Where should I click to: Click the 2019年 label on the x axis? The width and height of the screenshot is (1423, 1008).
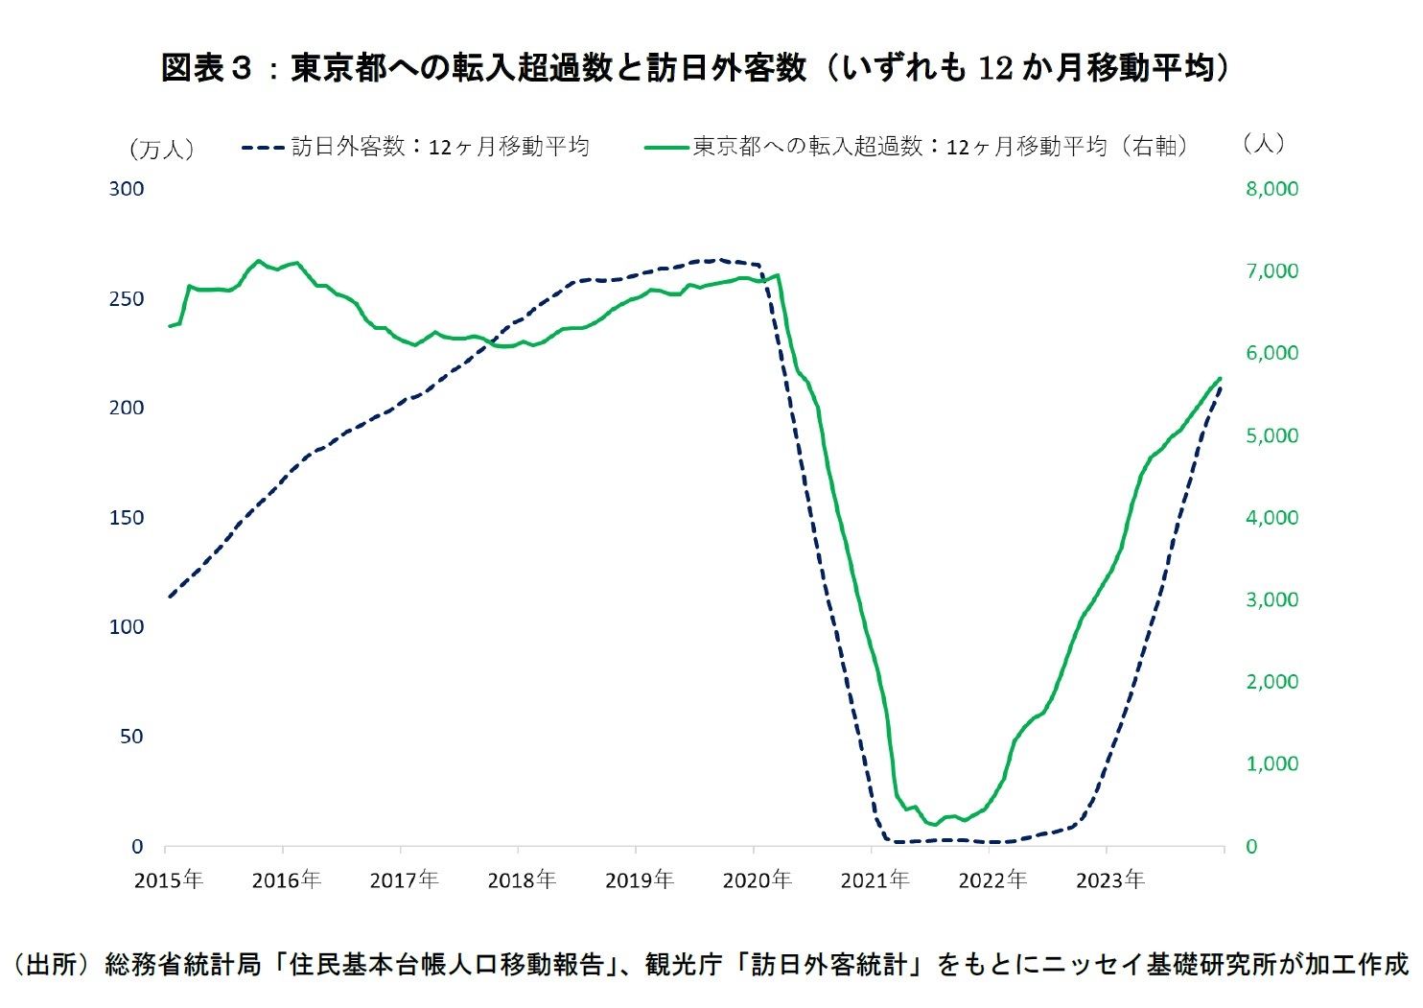[x=639, y=879]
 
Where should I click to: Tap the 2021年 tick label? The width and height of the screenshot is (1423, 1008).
[x=875, y=879]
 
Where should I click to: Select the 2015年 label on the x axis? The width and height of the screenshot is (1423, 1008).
[x=168, y=879]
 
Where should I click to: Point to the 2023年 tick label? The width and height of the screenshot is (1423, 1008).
[x=1109, y=879]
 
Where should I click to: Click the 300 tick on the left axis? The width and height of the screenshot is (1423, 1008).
[x=127, y=189]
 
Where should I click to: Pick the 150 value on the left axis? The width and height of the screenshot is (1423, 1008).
[x=127, y=518]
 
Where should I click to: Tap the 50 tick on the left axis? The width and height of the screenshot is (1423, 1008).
[x=131, y=737]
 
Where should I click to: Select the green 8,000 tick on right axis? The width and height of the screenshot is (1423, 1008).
[x=1271, y=189]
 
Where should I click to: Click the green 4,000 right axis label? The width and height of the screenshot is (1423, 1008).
[x=1271, y=518]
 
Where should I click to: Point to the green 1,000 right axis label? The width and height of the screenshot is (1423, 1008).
[x=1271, y=764]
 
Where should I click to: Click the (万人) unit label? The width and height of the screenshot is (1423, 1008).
[x=161, y=149]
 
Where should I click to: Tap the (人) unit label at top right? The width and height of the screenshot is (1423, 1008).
[x=1263, y=144]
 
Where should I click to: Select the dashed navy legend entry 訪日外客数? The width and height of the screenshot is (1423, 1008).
[x=415, y=147]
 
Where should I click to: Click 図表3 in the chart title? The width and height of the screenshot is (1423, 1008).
[x=206, y=68]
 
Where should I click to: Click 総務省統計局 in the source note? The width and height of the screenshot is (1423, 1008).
[x=183, y=964]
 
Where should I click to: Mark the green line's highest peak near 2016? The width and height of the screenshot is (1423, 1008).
[x=258, y=260]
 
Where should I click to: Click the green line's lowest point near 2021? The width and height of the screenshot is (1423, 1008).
[x=933, y=825]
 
